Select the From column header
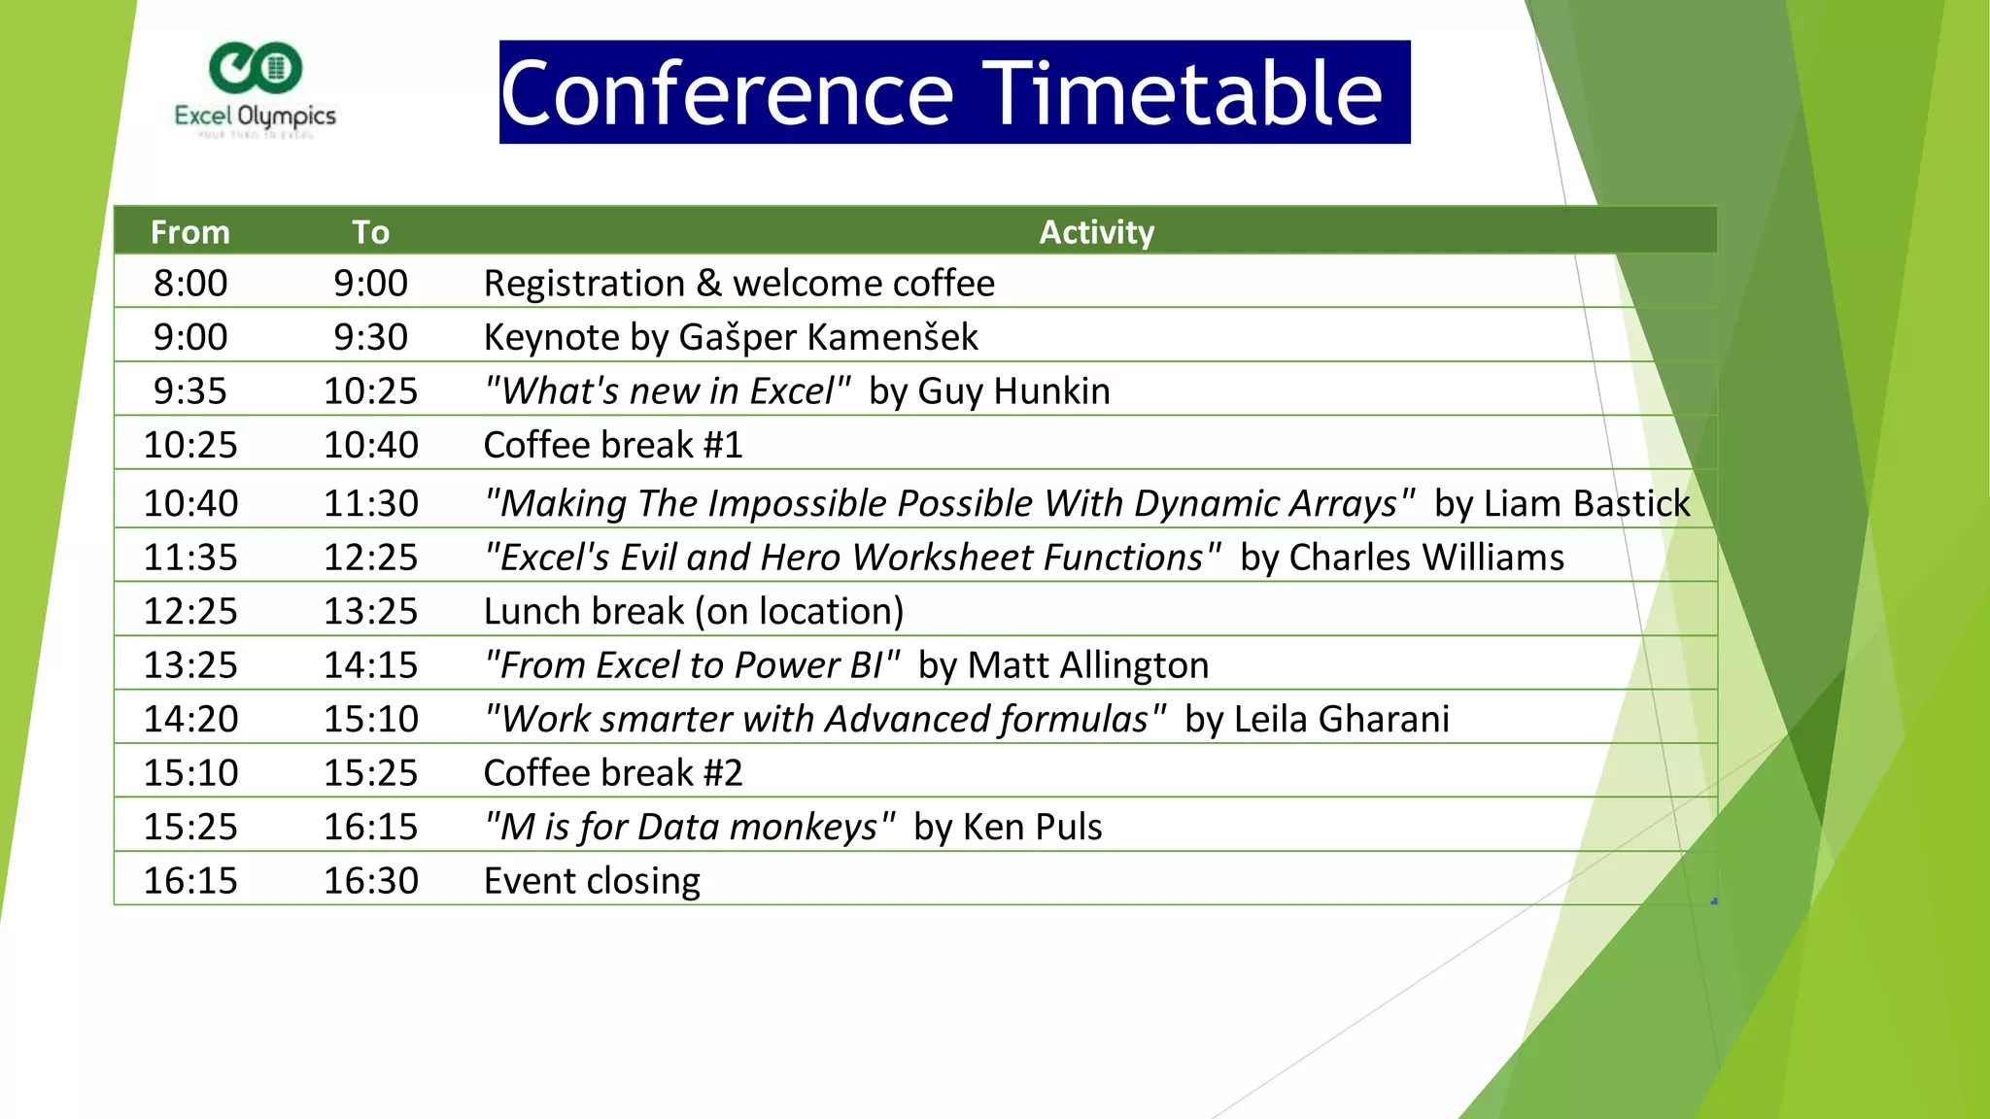190,232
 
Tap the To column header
370,232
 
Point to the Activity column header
1096,232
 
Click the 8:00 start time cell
190,284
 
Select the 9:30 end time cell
370,337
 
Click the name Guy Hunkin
1013,391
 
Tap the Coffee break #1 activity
613,445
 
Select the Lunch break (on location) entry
694,611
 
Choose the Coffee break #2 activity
613,773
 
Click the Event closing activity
592,881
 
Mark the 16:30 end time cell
370,881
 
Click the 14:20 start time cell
190,719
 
